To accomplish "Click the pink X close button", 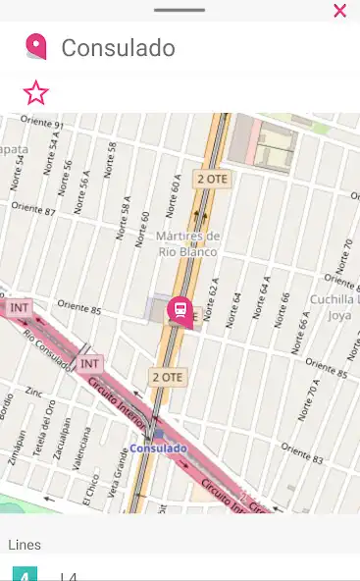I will coord(339,11).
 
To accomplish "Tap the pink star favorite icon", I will coord(35,93).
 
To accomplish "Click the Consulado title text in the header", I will coord(118,47).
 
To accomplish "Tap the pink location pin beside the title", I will coord(36,46).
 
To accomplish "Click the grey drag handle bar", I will coord(180,9).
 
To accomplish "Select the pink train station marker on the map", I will coord(180,311).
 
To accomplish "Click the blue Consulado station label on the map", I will coord(158,449).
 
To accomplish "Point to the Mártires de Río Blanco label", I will coord(188,243).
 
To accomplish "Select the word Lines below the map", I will coord(25,544).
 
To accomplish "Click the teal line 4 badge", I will coord(25,573).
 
